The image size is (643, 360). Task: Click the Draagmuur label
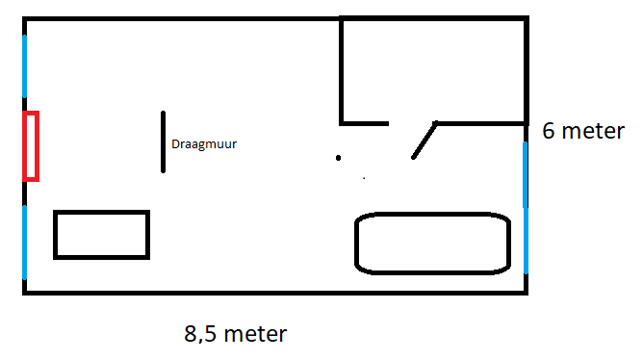tap(204, 144)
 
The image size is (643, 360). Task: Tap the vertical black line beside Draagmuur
tap(164, 141)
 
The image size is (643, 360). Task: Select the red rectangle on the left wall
tap(31, 145)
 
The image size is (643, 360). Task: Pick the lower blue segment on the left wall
tap(24, 241)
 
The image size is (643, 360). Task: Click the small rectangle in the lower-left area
tap(101, 234)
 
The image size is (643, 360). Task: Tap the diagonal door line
tap(424, 141)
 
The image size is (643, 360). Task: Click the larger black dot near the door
tap(338, 157)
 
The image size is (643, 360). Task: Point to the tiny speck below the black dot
tap(364, 178)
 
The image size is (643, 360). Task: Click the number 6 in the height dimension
tap(550, 131)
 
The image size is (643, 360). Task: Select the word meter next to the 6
tap(596, 131)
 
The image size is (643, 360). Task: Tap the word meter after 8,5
tap(255, 334)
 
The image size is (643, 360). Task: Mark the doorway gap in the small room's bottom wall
tap(411, 123)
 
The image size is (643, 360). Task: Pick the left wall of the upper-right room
tap(342, 69)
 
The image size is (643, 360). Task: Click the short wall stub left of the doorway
tap(365, 122)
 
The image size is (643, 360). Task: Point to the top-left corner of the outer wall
tap(24, 19)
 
